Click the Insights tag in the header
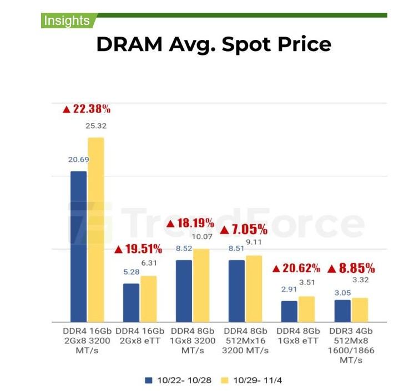coord(66,21)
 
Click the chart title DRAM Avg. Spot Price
coord(214,44)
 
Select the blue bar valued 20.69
coord(78,246)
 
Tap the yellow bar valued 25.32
coord(95,230)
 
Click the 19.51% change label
coord(138,249)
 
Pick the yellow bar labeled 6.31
coord(148,299)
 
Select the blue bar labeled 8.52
coord(184,291)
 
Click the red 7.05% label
coord(244,230)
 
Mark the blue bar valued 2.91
coord(289,311)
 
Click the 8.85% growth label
coord(351,268)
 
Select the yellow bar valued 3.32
coord(360,309)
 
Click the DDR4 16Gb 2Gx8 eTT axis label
coord(138,336)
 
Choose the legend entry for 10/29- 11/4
coord(253,380)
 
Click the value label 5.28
coord(132,272)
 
